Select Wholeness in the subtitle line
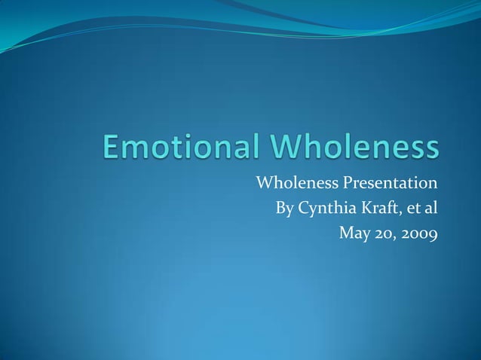296,184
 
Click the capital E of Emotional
112,148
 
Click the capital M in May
347,234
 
